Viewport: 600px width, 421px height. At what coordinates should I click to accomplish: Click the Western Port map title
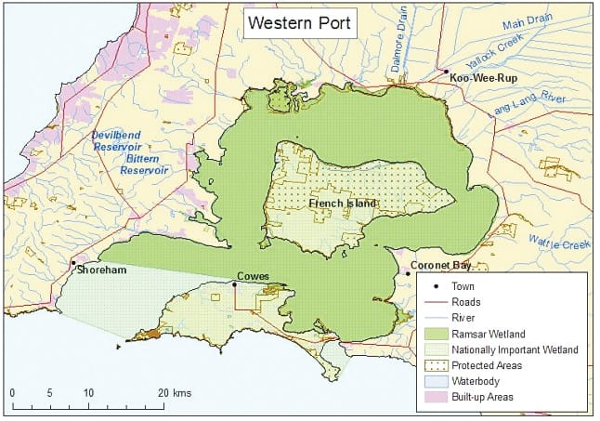coord(298,23)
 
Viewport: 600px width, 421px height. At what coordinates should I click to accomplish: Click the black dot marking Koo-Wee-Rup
coord(446,72)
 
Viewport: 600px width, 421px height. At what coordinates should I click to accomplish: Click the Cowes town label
coord(253,276)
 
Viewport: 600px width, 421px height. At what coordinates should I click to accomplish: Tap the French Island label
coord(342,204)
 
